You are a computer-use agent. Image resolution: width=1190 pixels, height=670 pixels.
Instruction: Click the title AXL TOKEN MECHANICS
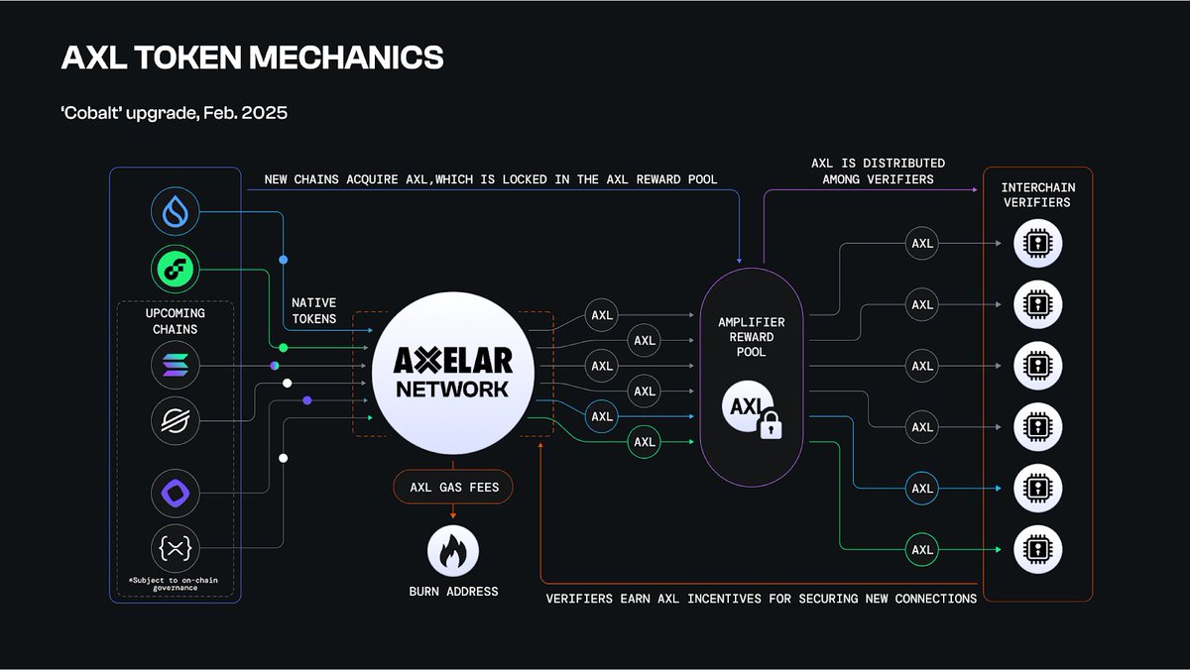252,57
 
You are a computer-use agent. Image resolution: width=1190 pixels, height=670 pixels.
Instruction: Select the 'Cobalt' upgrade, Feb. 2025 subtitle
175,112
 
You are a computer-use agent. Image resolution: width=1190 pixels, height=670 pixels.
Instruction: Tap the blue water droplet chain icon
176,213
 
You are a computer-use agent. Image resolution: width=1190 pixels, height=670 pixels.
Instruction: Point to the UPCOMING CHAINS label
175,320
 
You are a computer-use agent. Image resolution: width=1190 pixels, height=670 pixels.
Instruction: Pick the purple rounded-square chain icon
176,492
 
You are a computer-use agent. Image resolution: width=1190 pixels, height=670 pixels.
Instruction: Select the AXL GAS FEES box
452,488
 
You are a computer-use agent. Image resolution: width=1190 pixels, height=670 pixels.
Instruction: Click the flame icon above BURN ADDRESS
452,551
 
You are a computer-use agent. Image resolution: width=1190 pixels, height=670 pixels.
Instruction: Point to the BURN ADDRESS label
452,592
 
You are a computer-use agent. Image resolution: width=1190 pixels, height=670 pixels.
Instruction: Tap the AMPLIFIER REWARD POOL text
751,337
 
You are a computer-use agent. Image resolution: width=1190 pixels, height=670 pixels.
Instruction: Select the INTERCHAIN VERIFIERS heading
1037,195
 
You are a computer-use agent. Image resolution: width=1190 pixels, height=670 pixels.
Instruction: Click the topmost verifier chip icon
1037,244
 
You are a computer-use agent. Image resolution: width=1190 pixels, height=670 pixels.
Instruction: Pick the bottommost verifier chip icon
1037,549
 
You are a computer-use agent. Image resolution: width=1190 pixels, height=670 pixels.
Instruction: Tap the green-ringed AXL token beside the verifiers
922,549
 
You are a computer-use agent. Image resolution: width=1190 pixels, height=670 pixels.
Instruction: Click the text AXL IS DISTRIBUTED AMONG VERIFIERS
878,170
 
